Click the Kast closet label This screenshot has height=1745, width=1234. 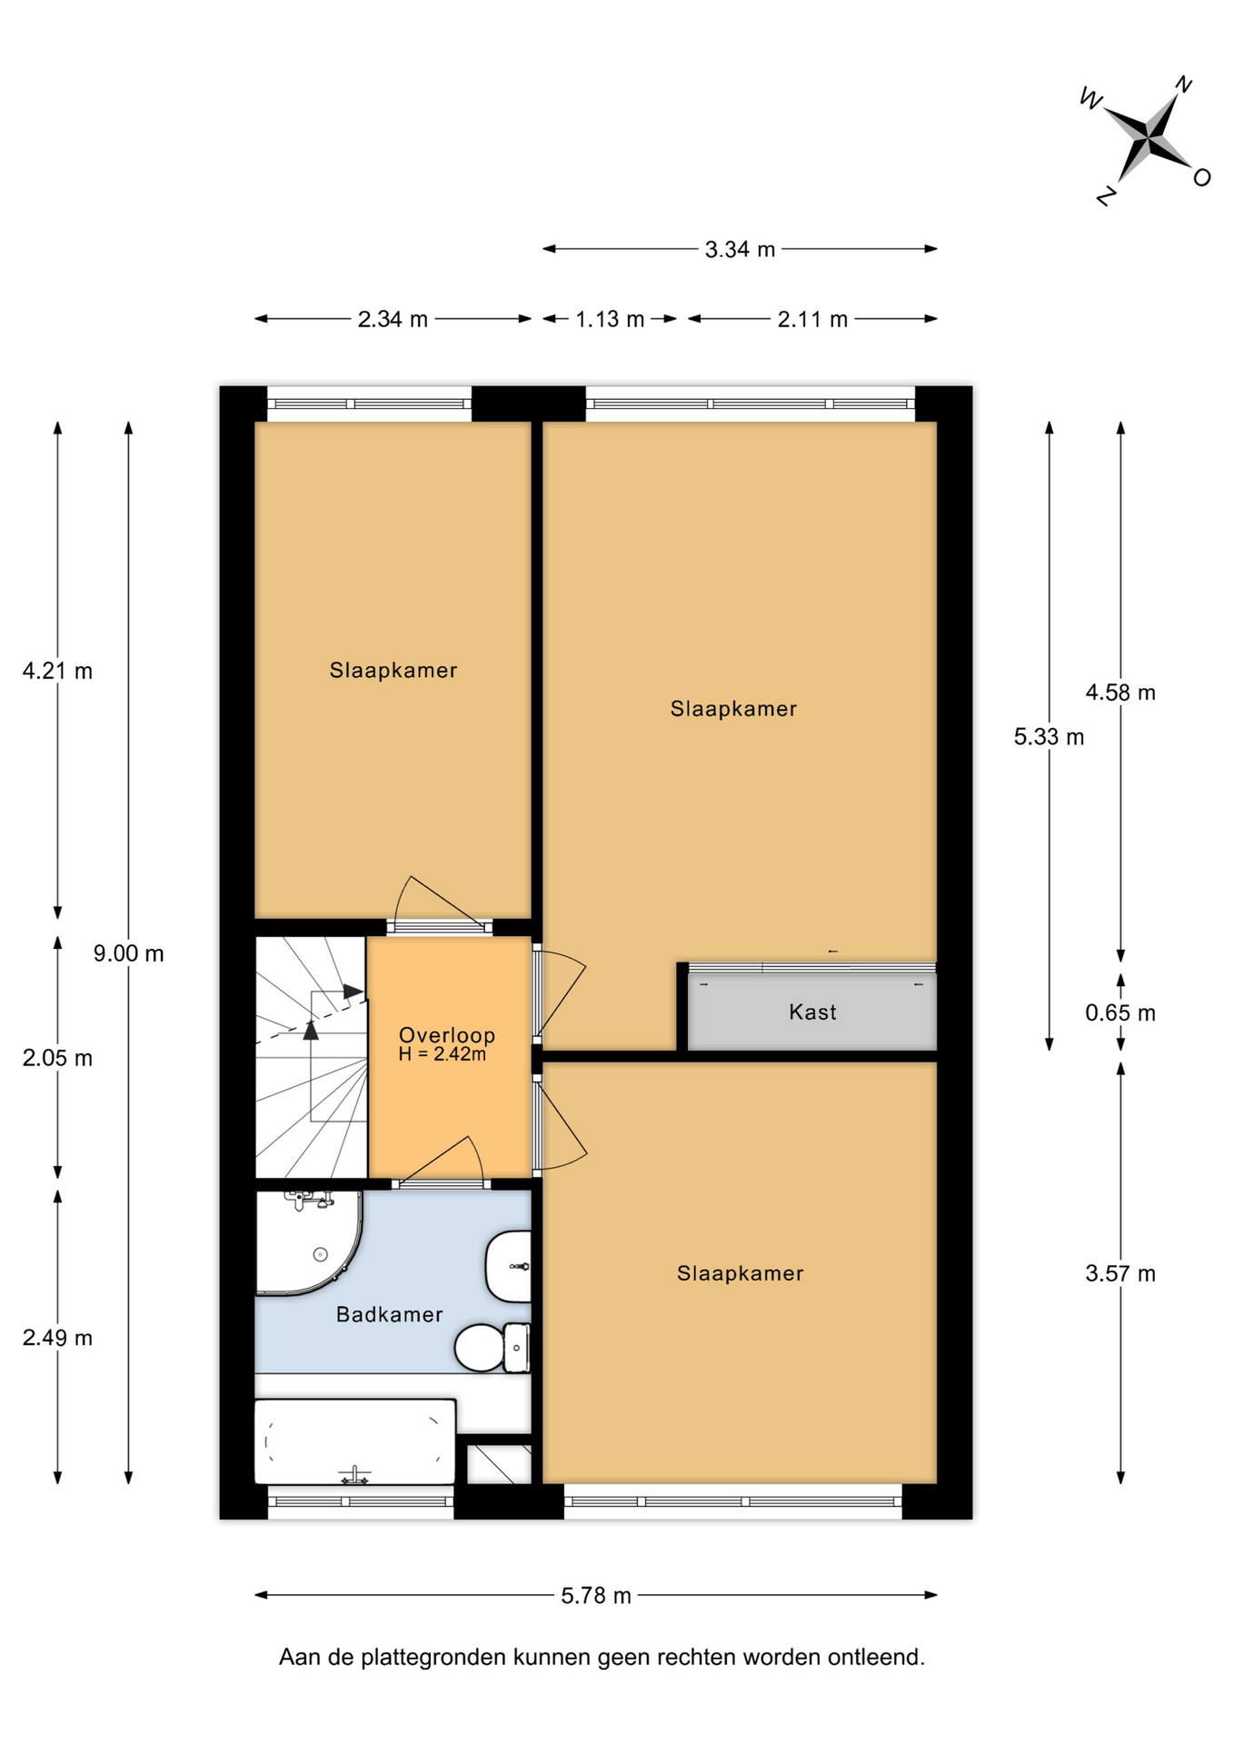pyautogui.click(x=812, y=1012)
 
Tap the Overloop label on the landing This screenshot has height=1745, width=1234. pyautogui.click(x=447, y=1034)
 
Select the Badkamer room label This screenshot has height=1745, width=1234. pyautogui.click(x=390, y=1314)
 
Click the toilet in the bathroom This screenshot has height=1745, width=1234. pyautogui.click(x=492, y=1347)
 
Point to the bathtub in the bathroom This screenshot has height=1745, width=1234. pyautogui.click(x=354, y=1441)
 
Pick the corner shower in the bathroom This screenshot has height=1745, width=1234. pyautogui.click(x=307, y=1241)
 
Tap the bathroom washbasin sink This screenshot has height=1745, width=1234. pyautogui.click(x=508, y=1267)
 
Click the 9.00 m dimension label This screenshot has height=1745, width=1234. pyautogui.click(x=129, y=953)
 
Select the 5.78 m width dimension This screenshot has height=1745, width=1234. pyautogui.click(x=596, y=1596)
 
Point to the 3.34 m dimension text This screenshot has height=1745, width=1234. pyautogui.click(x=740, y=249)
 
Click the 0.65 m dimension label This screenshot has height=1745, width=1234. pyautogui.click(x=1120, y=1012)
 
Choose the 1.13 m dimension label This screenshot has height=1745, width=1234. pyautogui.click(x=610, y=319)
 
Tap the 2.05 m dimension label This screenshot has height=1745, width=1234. pyautogui.click(x=57, y=1058)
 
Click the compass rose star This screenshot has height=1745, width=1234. pyautogui.click(x=1150, y=139)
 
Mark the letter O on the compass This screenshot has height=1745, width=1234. pyautogui.click(x=1201, y=177)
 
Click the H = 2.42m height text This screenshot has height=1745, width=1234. pyautogui.click(x=443, y=1054)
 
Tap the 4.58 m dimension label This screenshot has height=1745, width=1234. pyautogui.click(x=1120, y=693)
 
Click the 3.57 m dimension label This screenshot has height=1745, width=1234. pyautogui.click(x=1120, y=1273)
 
